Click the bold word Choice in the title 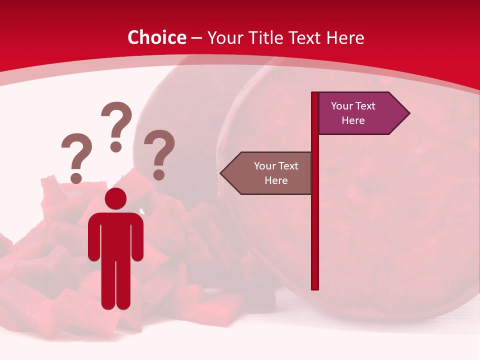156,37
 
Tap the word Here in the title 345,37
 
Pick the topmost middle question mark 116,125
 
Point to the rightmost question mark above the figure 159,153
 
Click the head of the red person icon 115,198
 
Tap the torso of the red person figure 115,235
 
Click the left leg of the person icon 108,285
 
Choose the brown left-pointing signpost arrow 270,173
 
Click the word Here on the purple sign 353,120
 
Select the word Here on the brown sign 276,180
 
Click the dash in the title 196,38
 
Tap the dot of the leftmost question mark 76,178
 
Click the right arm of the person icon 137,237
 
